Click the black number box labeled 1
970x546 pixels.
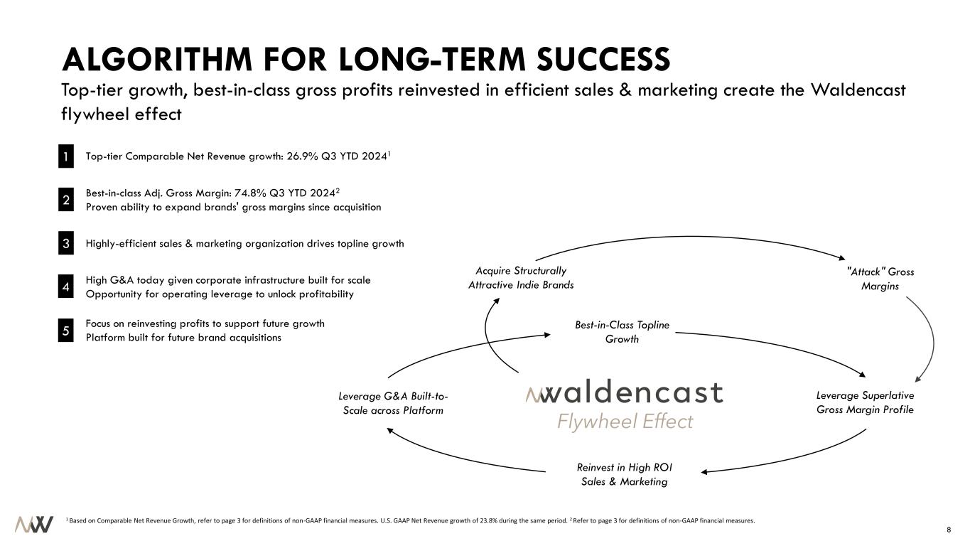click(x=66, y=156)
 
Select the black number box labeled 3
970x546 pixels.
click(x=66, y=243)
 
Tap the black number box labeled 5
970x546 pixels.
click(x=66, y=331)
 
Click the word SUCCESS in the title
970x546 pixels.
click(x=603, y=60)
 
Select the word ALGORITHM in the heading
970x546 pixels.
click(x=157, y=60)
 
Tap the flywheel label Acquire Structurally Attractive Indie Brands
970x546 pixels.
click(x=521, y=278)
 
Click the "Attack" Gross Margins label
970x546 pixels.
click(x=880, y=279)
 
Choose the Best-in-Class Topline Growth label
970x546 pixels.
click(x=622, y=332)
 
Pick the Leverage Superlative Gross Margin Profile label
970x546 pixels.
click(x=865, y=402)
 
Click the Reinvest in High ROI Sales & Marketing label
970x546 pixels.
click(x=624, y=474)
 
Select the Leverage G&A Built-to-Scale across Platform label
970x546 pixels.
click(x=393, y=403)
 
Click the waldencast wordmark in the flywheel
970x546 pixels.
click(x=624, y=392)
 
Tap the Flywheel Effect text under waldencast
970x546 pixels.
click(x=625, y=422)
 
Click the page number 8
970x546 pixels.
click(x=949, y=530)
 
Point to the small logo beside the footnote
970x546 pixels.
click(x=34, y=524)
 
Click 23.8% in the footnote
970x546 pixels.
click(x=488, y=520)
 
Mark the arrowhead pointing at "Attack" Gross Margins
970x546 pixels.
click(x=842, y=258)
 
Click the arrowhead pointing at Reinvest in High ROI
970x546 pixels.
click(x=704, y=472)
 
